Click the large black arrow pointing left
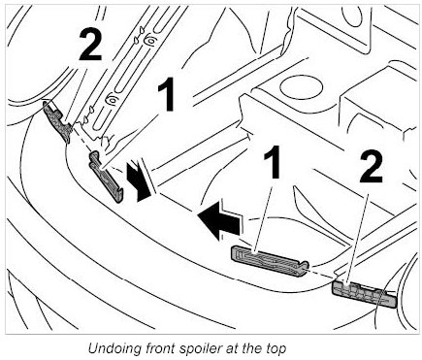pyautogui.click(x=220, y=220)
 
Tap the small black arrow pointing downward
pyautogui.click(x=139, y=181)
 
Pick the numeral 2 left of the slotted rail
pyautogui.click(x=90, y=44)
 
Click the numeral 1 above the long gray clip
pyautogui.click(x=273, y=161)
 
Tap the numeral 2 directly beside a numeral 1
pyautogui.click(x=371, y=168)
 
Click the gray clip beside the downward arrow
pyautogui.click(x=106, y=177)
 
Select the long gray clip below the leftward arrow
pyautogui.click(x=270, y=261)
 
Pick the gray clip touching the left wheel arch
pyautogui.click(x=57, y=121)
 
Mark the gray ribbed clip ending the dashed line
pyautogui.click(x=365, y=294)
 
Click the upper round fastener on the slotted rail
pyautogui.click(x=148, y=42)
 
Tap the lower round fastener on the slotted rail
pyautogui.click(x=112, y=101)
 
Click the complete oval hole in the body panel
pyautogui.click(x=301, y=86)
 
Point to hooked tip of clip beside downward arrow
pyautogui.click(x=119, y=196)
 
